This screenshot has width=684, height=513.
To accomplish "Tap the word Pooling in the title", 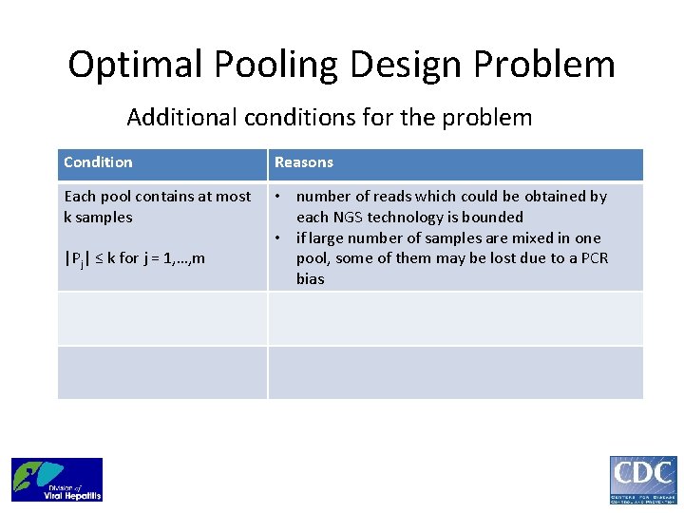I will [272, 66].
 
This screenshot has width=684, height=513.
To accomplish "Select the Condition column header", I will [98, 162].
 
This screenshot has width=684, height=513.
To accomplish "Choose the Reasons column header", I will [304, 162].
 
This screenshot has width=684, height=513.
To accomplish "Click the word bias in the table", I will [310, 279].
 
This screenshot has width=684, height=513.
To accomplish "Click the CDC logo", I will [643, 480].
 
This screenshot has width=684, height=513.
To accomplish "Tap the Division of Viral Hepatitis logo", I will [57, 480].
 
